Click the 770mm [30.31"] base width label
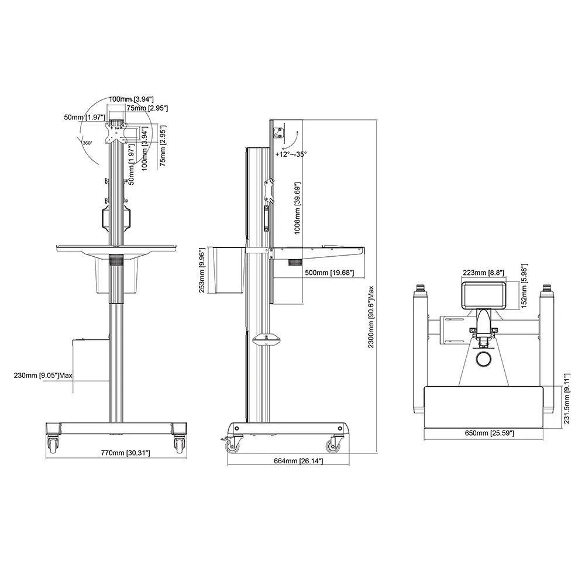125,453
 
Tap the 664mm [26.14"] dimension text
298,461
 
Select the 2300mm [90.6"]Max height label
371,317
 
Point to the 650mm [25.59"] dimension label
490,433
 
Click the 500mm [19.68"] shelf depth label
329,273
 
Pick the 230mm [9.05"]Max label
43,375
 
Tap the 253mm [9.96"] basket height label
202,270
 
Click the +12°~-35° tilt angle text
291,154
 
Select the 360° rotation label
87,143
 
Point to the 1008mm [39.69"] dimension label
297,208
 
